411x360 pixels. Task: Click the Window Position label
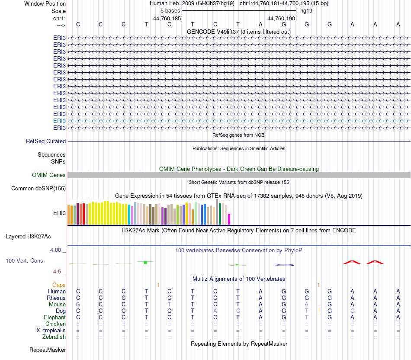click(x=45, y=3)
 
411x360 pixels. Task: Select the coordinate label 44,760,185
click(x=167, y=19)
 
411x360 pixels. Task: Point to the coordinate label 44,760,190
click(x=281, y=19)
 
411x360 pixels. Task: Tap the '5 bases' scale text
click(x=170, y=10)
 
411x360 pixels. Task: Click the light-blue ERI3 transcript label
click(x=59, y=121)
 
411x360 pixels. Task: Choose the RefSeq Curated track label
click(x=46, y=141)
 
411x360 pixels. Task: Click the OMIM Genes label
click(x=49, y=175)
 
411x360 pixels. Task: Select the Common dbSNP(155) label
click(x=39, y=189)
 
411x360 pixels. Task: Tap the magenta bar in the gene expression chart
click(x=229, y=219)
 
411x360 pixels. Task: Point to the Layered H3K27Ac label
click(x=28, y=237)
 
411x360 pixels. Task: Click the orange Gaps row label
click(x=59, y=285)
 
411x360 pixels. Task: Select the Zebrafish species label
click(x=54, y=337)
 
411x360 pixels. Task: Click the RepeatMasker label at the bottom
click(x=48, y=350)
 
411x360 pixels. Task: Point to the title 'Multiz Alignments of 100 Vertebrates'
click(x=239, y=279)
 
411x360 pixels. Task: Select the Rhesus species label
click(x=56, y=298)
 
